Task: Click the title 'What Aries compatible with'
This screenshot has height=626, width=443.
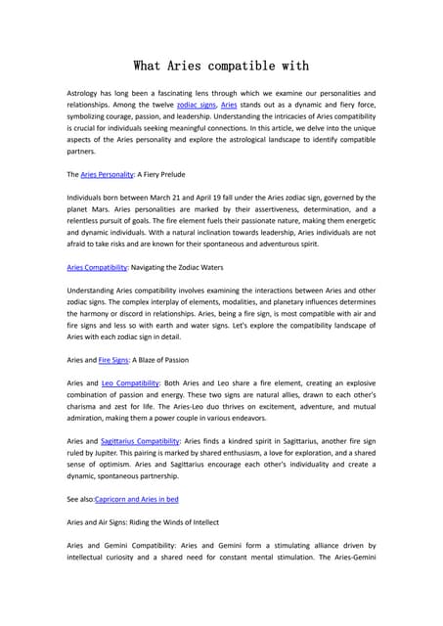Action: click(x=221, y=66)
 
